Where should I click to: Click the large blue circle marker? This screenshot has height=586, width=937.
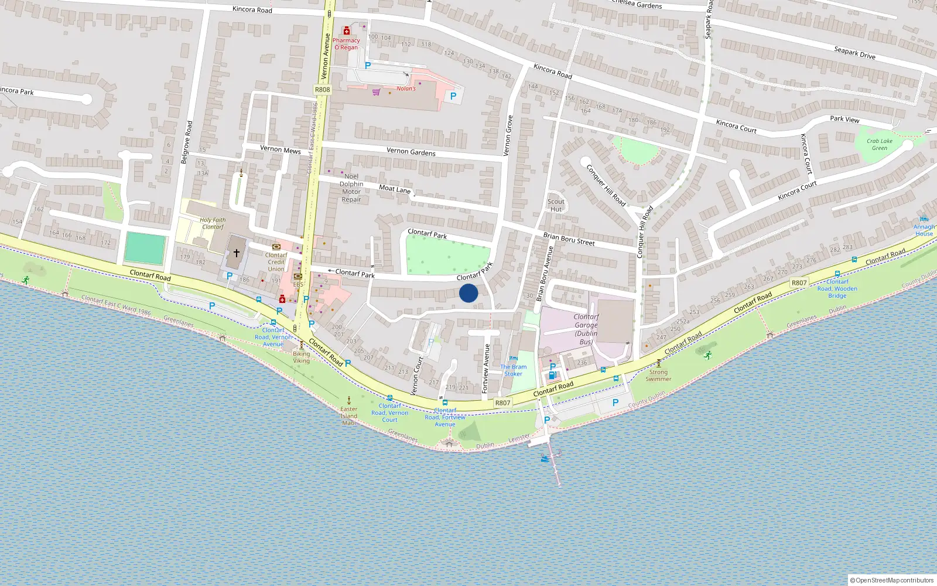(468, 293)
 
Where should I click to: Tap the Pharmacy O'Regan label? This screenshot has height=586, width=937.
(346, 44)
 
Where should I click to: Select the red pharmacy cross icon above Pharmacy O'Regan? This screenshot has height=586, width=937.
(347, 30)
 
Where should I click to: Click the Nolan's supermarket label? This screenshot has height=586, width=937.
(406, 88)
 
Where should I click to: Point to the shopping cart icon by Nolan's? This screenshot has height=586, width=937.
(376, 91)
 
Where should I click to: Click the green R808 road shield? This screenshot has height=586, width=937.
(322, 90)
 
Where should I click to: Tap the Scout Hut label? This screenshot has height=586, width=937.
(556, 205)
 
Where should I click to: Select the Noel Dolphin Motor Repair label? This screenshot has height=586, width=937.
(351, 188)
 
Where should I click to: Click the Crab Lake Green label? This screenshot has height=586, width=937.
(880, 144)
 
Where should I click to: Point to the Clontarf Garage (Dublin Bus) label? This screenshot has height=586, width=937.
(586, 329)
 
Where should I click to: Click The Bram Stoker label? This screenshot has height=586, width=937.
(514, 370)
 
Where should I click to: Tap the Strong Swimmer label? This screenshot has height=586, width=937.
(658, 375)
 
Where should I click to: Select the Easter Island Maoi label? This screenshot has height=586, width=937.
(349, 416)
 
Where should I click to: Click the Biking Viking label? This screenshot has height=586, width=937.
(302, 357)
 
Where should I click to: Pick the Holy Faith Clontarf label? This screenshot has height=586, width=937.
(213, 223)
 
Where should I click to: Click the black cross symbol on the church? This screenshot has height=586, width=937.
(237, 253)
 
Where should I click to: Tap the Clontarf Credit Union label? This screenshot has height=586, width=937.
(276, 262)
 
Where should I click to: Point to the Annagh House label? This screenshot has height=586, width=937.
(924, 230)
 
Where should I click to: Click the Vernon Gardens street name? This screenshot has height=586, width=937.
(411, 152)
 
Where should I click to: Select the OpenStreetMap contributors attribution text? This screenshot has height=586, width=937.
(892, 580)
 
